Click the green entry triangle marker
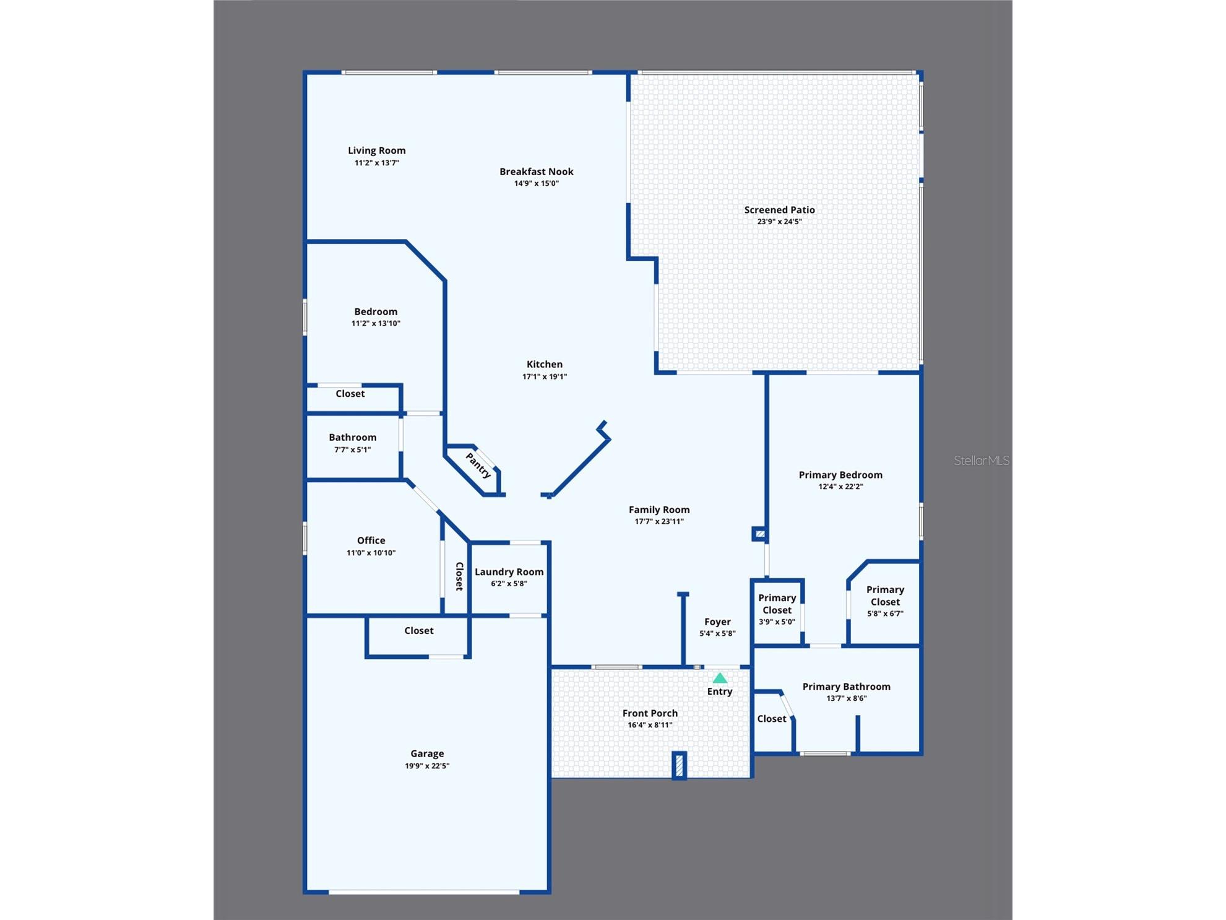(720, 678)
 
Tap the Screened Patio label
(779, 210)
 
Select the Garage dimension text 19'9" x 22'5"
(427, 766)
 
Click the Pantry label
(478, 466)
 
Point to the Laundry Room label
(509, 572)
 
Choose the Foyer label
(717, 622)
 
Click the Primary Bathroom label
(846, 687)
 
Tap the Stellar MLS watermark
(982, 461)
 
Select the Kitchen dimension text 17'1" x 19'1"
(545, 376)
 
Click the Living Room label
(377, 150)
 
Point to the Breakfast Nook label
(537, 171)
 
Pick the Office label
(371, 540)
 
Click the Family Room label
(659, 510)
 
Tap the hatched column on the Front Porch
(679, 765)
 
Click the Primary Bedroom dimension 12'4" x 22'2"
(840, 487)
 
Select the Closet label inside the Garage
(419, 631)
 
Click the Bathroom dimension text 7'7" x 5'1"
(352, 450)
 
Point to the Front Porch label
(650, 713)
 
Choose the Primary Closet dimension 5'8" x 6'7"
(885, 614)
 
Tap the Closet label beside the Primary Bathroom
(772, 719)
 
